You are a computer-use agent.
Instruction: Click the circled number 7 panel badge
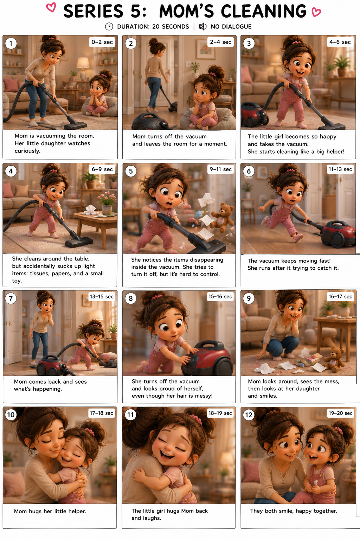coord(11,298)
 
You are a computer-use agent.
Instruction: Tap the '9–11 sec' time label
coord(220,169)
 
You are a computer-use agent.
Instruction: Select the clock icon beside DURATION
coord(109,26)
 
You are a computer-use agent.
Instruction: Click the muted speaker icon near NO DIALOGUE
coord(202,26)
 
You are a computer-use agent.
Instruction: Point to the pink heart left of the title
coord(51,7)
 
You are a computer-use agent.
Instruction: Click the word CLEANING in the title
coord(264,11)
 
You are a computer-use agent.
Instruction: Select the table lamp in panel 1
coord(83,69)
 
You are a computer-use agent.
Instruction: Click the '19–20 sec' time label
coord(340,413)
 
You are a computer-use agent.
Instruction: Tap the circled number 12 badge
coord(249,414)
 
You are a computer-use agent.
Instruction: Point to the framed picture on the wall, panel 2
coord(206,49)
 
